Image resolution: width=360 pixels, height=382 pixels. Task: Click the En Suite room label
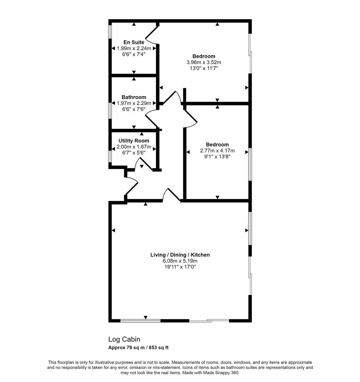[134, 42]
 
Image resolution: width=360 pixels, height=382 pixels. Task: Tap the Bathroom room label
[134, 97]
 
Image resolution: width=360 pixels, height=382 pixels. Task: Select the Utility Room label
[134, 141]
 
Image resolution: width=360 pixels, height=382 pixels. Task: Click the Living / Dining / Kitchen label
[180, 255]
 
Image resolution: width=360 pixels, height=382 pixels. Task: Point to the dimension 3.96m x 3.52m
[204, 62]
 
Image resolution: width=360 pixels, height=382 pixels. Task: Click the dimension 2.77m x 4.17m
[217, 151]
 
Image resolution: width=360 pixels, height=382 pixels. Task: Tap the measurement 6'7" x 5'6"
[134, 153]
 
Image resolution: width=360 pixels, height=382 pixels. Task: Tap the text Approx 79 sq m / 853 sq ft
[138, 348]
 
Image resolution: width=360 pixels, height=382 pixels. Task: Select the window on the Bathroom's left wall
[110, 111]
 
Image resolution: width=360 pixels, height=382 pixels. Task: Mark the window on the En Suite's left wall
[110, 31]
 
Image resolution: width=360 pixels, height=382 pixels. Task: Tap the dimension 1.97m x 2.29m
[134, 103]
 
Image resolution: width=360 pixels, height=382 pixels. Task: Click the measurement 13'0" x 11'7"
[204, 68]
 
